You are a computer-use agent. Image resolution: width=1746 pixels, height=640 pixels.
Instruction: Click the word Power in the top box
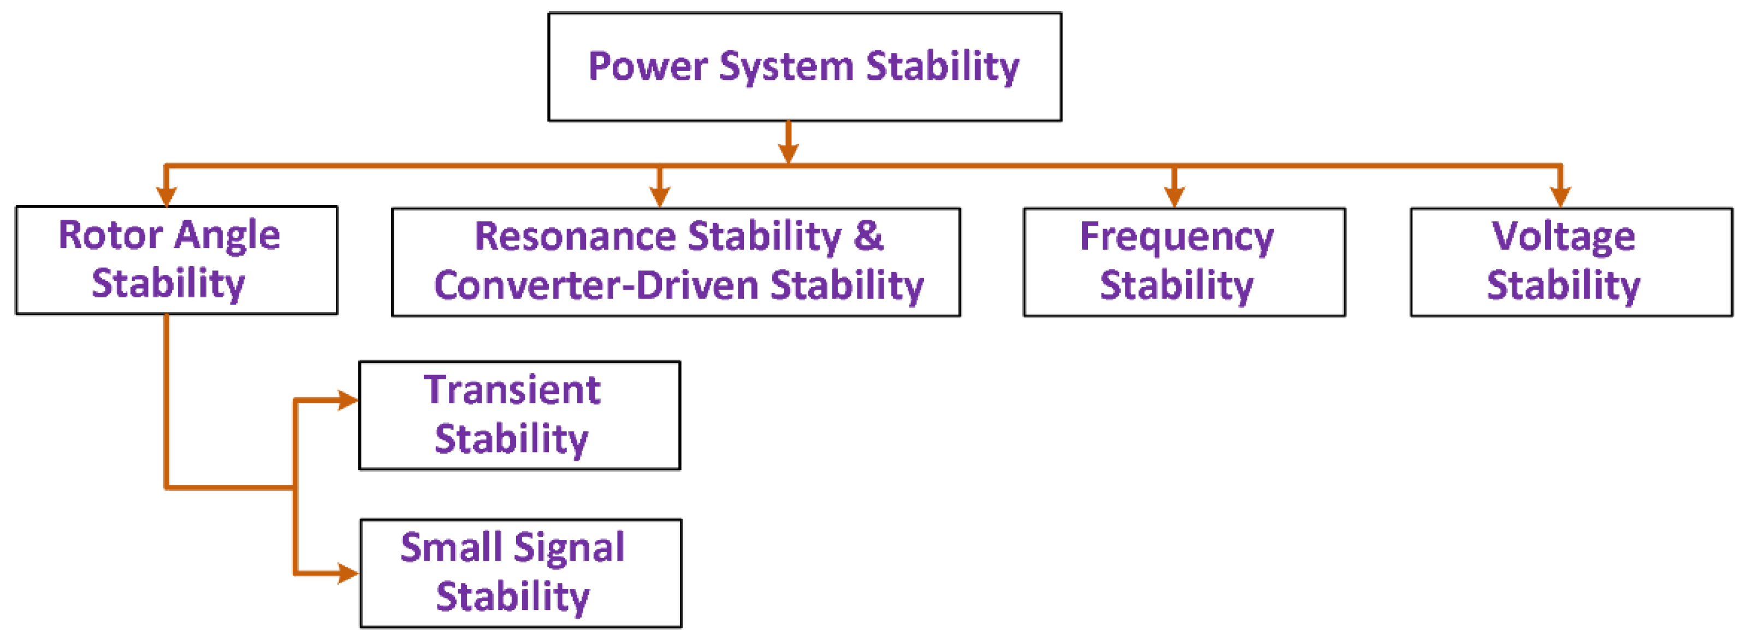(647, 67)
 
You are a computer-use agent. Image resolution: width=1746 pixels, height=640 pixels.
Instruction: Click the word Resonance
(575, 237)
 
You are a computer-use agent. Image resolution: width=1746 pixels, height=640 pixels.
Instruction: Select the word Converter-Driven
(596, 285)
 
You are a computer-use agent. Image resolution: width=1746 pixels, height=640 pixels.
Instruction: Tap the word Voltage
(1563, 237)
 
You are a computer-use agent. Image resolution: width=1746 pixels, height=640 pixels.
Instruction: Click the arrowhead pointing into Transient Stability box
(348, 400)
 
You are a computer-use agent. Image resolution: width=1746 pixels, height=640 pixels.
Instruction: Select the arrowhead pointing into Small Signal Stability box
(348, 573)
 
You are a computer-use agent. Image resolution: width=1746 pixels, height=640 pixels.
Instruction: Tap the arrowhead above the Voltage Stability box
(1561, 197)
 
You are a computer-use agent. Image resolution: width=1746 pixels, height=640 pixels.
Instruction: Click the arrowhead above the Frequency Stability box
(1174, 197)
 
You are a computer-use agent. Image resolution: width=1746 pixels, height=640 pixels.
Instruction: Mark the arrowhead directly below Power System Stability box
(788, 152)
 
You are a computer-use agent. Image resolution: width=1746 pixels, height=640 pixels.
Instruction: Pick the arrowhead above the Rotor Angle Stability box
(166, 197)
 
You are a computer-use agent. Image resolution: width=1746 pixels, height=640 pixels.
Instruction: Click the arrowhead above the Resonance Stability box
(660, 197)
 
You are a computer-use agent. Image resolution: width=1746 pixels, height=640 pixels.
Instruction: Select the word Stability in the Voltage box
(1563, 285)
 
